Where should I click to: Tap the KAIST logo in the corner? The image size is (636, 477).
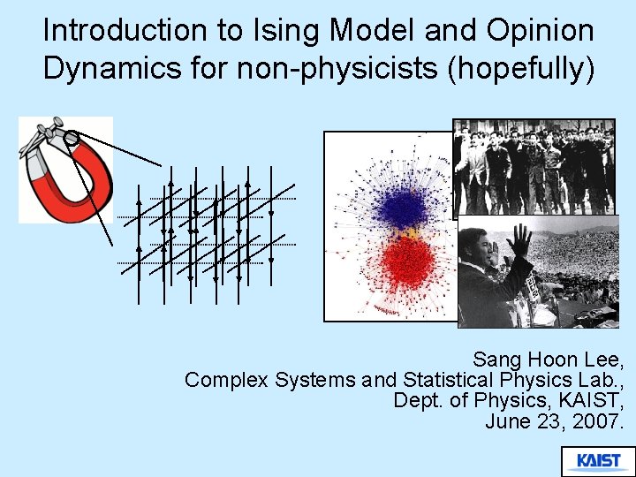598,460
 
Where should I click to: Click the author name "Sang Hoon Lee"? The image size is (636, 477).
548,360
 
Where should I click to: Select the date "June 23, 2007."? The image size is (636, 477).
555,421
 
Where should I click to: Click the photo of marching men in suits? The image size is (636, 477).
534,167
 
